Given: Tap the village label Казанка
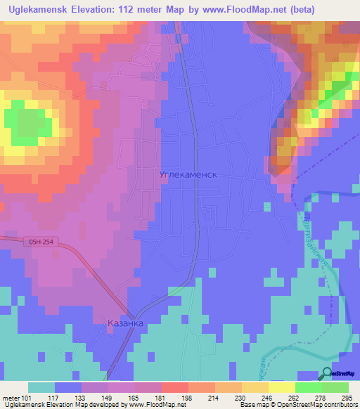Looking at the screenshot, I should (x=126, y=323).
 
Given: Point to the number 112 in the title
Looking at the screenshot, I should (x=135, y=9).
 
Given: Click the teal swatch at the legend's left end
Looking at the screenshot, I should (x=41, y=387).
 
